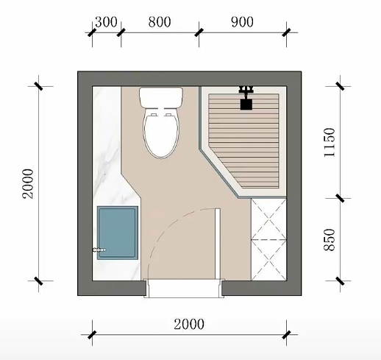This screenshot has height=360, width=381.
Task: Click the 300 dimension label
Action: [106, 22]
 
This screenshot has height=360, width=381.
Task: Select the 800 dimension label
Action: [160, 22]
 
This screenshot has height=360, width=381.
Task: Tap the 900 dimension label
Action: [242, 22]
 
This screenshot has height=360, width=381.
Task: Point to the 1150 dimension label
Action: [329, 142]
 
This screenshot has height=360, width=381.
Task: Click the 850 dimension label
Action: [329, 240]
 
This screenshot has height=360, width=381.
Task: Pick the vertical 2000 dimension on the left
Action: [27, 183]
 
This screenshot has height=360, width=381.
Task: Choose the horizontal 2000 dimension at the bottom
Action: [189, 324]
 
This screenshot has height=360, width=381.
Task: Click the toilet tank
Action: [161, 97]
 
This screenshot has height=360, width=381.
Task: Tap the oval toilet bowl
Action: [161, 133]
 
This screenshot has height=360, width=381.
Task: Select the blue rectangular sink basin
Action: [118, 233]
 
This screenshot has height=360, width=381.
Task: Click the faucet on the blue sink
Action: [99, 250]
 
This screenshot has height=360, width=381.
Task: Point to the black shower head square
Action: [246, 104]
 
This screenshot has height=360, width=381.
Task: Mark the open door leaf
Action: [218, 244]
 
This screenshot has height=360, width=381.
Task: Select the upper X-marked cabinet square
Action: [268, 219]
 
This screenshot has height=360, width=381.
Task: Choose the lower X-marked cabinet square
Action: [268, 260]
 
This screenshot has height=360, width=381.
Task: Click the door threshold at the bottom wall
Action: [184, 289]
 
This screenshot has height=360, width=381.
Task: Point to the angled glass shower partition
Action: [218, 169]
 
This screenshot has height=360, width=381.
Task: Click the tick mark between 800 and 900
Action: [199, 32]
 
